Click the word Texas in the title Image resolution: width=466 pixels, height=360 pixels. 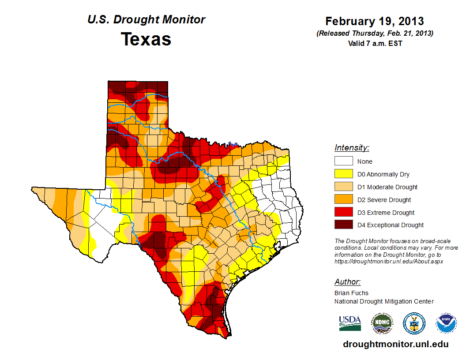click(x=146, y=39)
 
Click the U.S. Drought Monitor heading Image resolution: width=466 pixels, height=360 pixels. click(x=146, y=20)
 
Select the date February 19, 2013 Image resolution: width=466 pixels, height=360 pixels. click(x=375, y=21)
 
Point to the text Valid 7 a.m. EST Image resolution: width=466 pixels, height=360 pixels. click(x=375, y=43)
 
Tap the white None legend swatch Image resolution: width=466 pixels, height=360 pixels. click(x=343, y=161)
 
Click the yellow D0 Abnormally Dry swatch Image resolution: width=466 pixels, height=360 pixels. click(x=343, y=174)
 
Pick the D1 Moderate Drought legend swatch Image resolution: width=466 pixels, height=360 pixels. click(x=343, y=187)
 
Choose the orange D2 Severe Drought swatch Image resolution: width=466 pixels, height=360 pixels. click(x=343, y=200)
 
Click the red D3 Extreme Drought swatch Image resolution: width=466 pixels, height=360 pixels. click(x=343, y=213)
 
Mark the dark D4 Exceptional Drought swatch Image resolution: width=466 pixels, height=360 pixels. click(x=343, y=225)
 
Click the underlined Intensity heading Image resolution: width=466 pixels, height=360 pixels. click(x=352, y=148)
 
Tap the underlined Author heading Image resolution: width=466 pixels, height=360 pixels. click(x=347, y=282)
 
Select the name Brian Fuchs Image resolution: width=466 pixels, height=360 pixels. click(x=351, y=293)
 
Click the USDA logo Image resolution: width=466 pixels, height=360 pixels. click(x=350, y=323)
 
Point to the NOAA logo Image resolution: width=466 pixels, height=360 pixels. click(x=446, y=323)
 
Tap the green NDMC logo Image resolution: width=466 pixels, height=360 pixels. click(x=382, y=323)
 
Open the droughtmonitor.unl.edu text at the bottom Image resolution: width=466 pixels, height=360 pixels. click(x=395, y=345)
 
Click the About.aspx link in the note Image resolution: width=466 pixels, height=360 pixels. click(x=389, y=261)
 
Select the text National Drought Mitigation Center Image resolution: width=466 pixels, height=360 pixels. click(x=384, y=301)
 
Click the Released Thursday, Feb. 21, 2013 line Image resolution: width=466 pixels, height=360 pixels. click(x=375, y=34)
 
